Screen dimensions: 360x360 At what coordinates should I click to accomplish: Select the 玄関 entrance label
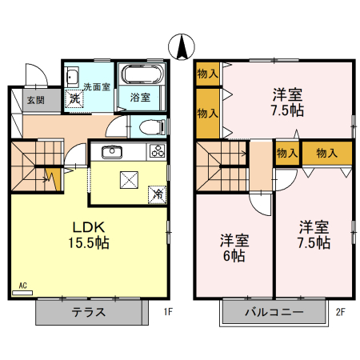[x=34, y=100]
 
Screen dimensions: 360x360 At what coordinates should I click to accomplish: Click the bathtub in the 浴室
[x=142, y=77]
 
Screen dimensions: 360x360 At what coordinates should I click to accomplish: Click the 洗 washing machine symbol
[x=74, y=100]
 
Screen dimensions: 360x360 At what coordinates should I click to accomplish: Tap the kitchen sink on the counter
[x=109, y=152]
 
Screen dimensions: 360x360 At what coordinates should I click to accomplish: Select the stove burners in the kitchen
[x=156, y=151]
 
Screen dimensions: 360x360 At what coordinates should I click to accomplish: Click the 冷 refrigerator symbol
[x=158, y=193]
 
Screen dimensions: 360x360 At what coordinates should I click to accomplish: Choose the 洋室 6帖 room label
[x=234, y=248]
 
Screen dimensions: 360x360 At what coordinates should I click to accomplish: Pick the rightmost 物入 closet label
[x=326, y=152]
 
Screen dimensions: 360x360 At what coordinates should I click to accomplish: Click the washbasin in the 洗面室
[x=71, y=78]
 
